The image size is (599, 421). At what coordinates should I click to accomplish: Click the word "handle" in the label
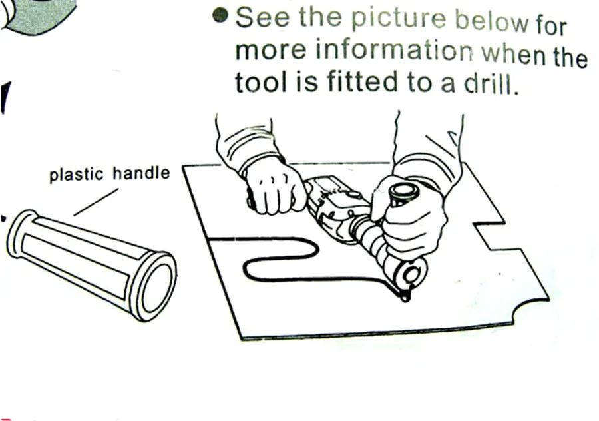coord(141,175)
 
